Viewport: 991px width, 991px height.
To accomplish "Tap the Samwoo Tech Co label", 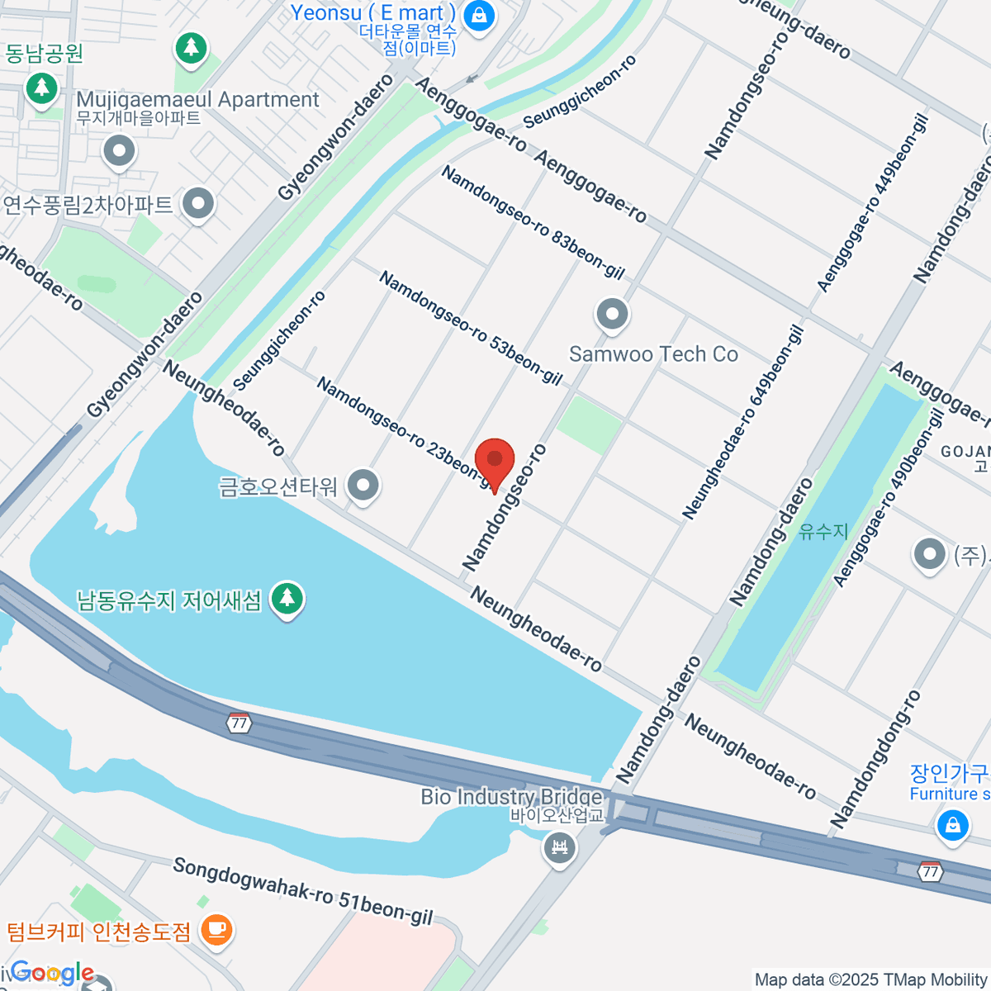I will coord(653,354).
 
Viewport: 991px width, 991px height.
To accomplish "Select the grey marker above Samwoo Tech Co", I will coord(612,315).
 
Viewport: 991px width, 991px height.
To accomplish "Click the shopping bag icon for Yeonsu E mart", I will coord(478,15).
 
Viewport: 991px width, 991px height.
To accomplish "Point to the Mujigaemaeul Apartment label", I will coord(197,100).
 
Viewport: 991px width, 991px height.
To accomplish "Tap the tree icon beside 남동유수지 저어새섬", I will coord(287,597).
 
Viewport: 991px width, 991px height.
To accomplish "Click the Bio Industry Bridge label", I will coord(511,797).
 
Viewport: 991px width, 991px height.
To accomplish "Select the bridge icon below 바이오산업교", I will coord(560,848).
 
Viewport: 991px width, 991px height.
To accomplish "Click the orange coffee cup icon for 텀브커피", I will coord(216,930).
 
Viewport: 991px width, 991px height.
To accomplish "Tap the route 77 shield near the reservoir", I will coord(239,723).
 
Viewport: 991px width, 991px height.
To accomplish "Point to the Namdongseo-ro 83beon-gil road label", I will coord(533,221).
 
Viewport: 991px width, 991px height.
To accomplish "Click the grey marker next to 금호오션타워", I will coord(363,486).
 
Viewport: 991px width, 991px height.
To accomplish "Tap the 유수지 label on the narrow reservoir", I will coord(823,531).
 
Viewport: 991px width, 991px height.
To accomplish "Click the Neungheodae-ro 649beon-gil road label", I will coord(743,423).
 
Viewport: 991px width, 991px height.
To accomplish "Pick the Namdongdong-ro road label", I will coord(875,760).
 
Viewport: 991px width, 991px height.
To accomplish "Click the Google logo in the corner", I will coord(51,973).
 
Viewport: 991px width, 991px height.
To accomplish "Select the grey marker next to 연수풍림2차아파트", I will coord(198,204).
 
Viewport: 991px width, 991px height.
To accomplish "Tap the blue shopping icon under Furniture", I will coord(953,824).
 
